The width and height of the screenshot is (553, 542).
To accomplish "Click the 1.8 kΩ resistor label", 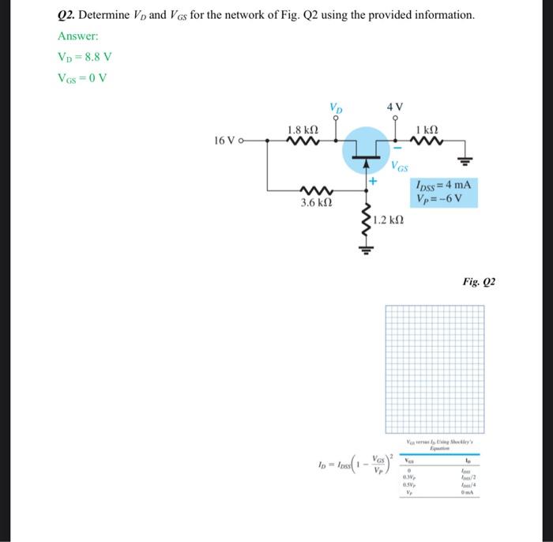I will [x=303, y=130].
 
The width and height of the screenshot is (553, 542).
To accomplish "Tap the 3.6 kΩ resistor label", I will [x=315, y=203].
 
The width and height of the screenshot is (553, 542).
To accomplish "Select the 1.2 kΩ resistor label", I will [x=389, y=218].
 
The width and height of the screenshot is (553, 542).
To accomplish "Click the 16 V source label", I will [x=227, y=141].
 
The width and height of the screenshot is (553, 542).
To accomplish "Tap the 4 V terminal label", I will [x=395, y=107].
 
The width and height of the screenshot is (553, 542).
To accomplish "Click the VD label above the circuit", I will [x=337, y=107].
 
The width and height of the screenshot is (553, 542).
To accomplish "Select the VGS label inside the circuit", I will [x=400, y=167].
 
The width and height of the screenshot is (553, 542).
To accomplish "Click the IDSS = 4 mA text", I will [x=446, y=185].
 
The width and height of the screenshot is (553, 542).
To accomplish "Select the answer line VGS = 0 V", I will [x=82, y=77].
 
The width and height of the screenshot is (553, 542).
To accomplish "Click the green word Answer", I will [x=77, y=36].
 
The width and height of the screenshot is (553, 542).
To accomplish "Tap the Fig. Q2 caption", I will [x=479, y=280].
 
